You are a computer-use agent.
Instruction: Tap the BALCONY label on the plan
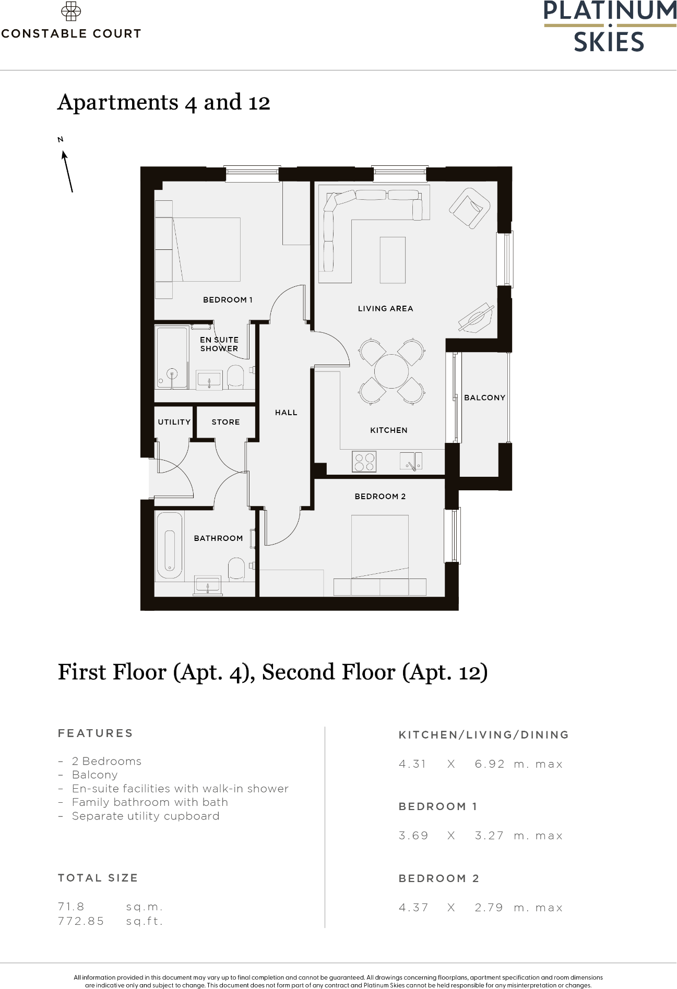point(484,397)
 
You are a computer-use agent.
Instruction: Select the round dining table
point(391,371)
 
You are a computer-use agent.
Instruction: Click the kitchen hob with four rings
point(364,461)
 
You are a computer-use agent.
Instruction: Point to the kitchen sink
point(411,461)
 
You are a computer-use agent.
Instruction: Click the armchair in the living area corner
point(469,208)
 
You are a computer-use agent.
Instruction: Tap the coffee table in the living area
point(393,260)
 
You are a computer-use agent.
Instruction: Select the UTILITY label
point(174,422)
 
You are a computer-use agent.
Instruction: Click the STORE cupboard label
point(225,422)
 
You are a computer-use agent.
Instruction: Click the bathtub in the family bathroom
point(170,550)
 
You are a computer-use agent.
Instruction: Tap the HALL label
point(286,413)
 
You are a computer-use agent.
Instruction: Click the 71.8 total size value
point(71,907)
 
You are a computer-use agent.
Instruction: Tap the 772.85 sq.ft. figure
point(81,921)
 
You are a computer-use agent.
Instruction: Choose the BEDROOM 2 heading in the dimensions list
point(438,878)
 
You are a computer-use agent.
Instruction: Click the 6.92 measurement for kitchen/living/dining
point(490,764)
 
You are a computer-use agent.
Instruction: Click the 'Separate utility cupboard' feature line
point(145,816)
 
